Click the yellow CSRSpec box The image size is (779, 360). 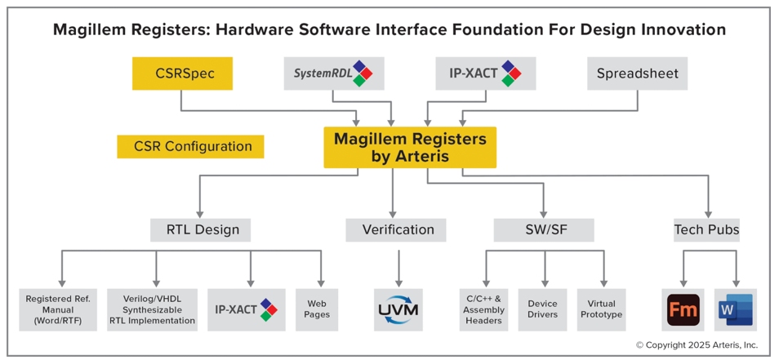point(182,73)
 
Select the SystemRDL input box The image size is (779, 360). point(334,73)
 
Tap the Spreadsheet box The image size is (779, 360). point(638,73)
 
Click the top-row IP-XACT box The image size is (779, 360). point(485,73)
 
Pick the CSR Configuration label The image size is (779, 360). point(190,146)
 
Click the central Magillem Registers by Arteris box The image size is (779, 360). point(410,148)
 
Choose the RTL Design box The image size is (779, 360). point(200,230)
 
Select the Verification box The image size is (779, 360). point(396,230)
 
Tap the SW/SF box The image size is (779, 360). point(544,230)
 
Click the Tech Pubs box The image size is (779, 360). point(706,230)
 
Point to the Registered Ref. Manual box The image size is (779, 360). point(58,310)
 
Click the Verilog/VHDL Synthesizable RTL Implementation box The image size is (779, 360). point(152,310)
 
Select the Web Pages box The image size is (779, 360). point(317,310)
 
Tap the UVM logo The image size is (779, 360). point(398,310)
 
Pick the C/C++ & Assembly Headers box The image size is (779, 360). point(484,310)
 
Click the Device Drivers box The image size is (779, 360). point(542,310)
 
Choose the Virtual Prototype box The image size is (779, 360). point(601,310)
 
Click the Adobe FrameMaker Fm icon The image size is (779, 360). point(683,310)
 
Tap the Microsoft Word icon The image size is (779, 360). point(736,310)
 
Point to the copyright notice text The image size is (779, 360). point(704,344)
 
